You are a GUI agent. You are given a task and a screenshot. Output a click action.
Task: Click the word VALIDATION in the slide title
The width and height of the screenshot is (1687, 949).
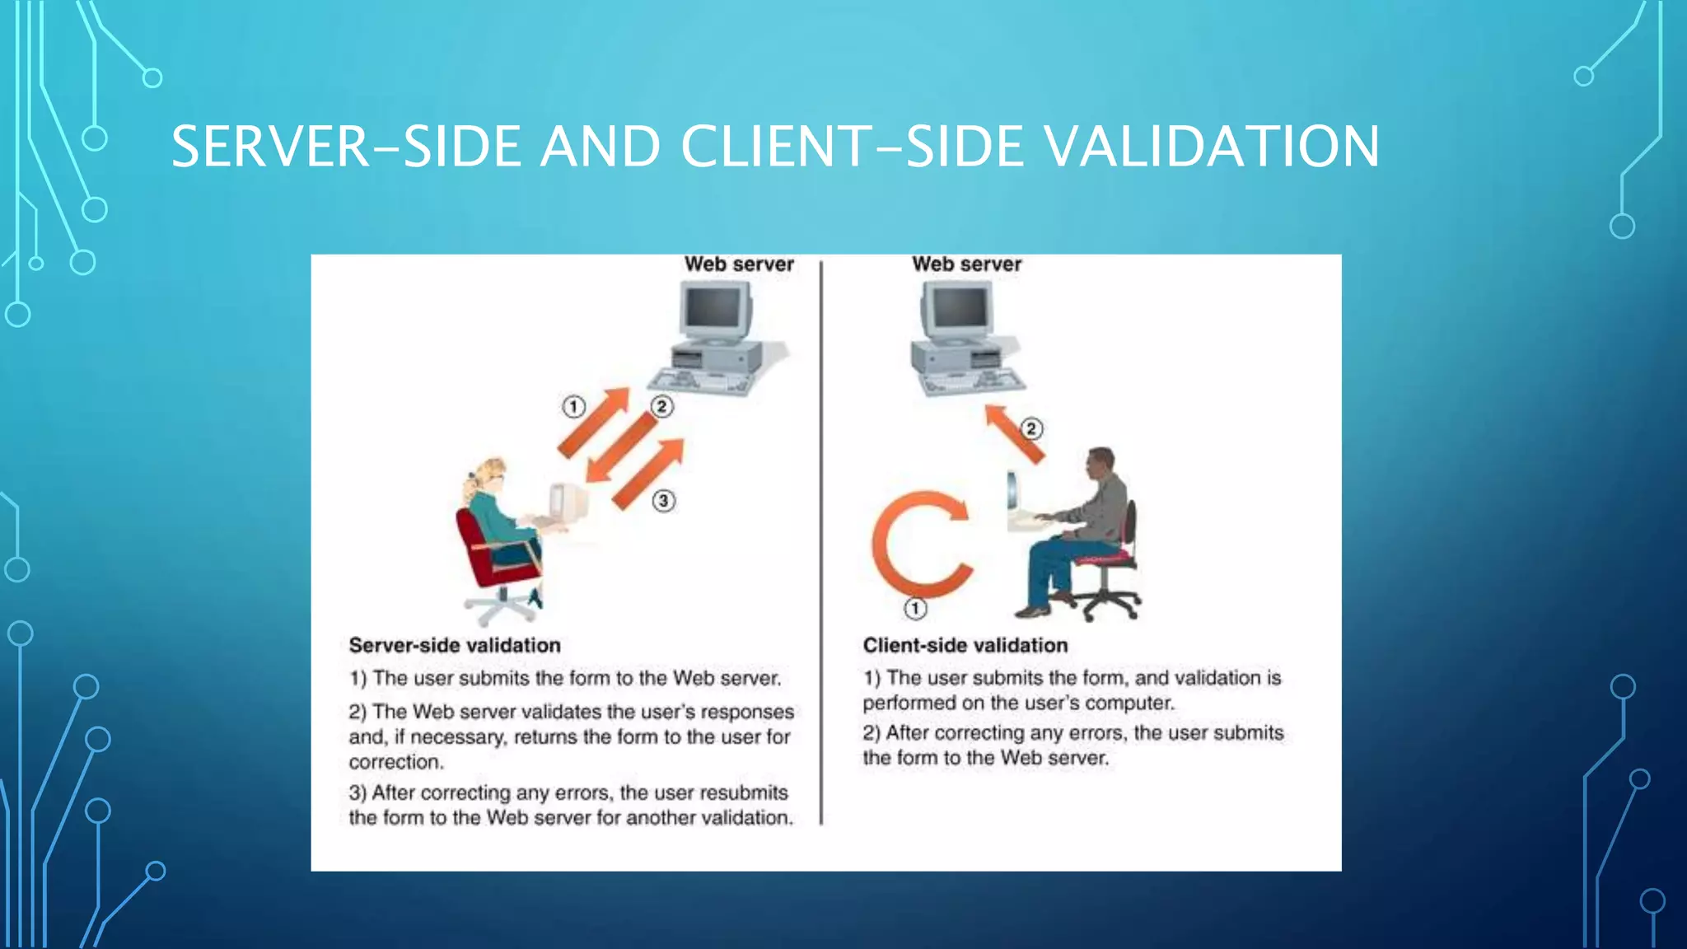(x=1211, y=147)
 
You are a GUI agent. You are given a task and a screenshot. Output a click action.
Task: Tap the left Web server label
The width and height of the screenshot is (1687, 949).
(x=739, y=264)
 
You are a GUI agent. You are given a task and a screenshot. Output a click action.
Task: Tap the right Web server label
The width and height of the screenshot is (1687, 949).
(x=966, y=264)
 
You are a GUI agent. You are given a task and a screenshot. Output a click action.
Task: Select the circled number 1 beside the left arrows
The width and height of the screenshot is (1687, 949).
(x=574, y=406)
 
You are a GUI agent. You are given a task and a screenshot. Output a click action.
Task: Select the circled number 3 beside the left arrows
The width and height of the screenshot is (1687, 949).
(x=664, y=500)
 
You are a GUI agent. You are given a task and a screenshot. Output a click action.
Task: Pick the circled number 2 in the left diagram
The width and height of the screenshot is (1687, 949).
(x=661, y=406)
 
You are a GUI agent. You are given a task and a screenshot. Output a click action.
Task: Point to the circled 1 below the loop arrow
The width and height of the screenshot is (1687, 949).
(x=915, y=609)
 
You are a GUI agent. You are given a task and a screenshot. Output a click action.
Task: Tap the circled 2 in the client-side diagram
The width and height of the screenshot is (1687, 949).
(x=1031, y=428)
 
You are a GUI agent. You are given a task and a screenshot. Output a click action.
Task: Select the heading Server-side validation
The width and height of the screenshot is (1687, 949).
(x=455, y=645)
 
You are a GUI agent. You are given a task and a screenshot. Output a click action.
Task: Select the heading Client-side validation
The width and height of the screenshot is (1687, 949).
(x=965, y=645)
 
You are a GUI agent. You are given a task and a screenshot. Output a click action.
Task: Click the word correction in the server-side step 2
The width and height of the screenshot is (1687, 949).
(x=395, y=762)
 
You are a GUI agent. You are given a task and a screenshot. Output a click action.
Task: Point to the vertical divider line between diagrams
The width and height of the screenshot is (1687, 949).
(x=821, y=544)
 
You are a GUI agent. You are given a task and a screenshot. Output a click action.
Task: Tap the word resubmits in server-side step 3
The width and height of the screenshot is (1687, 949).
(x=745, y=792)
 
